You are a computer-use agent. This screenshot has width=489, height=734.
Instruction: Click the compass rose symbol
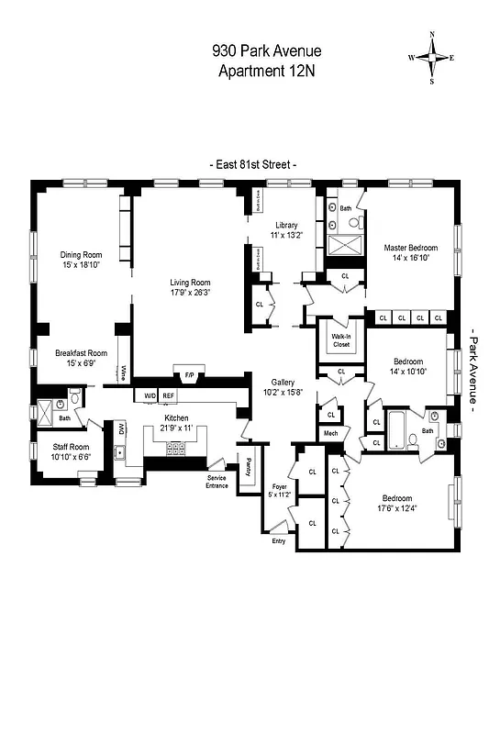tap(431, 57)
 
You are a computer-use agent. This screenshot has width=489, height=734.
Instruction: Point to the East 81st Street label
tap(256, 164)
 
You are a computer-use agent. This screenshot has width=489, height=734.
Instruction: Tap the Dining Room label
tap(81, 255)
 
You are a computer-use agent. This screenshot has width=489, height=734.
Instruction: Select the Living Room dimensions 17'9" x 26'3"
tap(191, 293)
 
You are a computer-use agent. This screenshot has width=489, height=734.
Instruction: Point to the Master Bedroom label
tap(410, 248)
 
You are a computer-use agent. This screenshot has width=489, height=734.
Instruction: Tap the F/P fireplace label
tap(190, 375)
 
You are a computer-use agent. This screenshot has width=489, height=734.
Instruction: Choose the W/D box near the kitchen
tap(149, 395)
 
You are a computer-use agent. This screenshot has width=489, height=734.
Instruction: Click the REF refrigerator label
tap(168, 395)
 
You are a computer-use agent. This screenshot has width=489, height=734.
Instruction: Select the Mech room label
tap(330, 433)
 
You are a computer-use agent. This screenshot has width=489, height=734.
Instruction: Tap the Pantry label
tap(247, 464)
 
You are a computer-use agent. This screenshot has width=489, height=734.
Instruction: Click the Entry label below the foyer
tap(279, 540)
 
